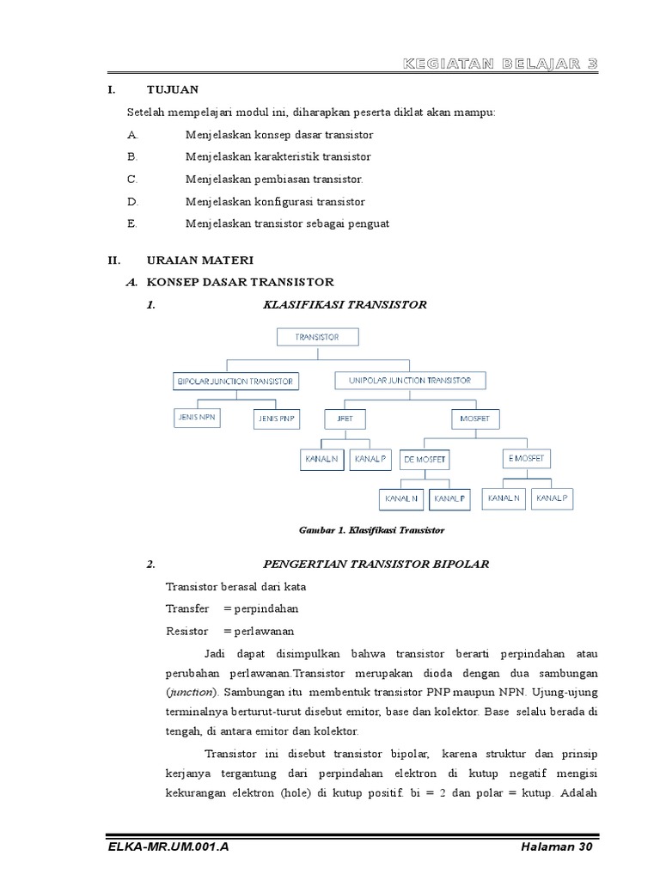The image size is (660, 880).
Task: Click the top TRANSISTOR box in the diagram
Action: coord(316,337)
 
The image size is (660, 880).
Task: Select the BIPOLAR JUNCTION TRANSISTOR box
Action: coord(235,381)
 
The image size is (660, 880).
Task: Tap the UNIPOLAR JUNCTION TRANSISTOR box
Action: coord(410,380)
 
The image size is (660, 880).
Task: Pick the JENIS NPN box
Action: coord(196,419)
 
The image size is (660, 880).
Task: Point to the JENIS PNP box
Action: coord(277,419)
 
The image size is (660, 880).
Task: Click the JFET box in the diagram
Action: coord(344,419)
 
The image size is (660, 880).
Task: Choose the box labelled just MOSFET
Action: coord(474,419)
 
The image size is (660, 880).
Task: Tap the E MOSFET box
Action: coord(526,458)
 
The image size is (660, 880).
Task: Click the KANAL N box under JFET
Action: coord(322,460)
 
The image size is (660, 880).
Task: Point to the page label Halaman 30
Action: coord(557,846)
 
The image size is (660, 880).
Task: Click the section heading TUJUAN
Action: coord(172,89)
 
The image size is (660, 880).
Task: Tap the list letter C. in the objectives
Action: coord(132,180)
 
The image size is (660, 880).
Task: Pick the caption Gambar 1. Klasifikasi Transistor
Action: coord(371,530)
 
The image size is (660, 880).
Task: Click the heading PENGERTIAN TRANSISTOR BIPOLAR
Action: coord(375,565)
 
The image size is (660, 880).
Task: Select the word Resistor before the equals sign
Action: coord(187,631)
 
